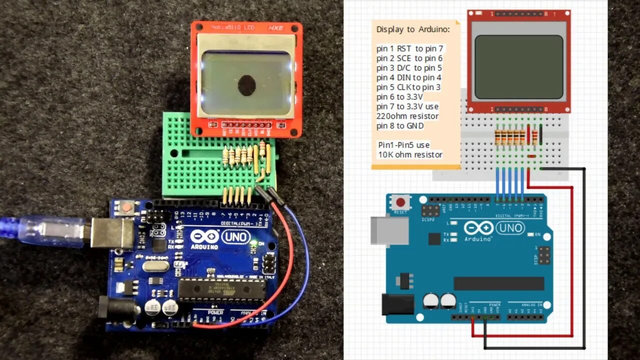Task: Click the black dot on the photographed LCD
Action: click(x=246, y=85)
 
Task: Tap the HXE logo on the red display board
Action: click(x=276, y=27)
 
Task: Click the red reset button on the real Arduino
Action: click(x=127, y=206)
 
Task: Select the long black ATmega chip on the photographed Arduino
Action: click(x=221, y=290)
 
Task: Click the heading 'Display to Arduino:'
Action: click(x=413, y=29)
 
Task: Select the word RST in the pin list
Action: click(x=404, y=48)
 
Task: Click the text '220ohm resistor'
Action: click(x=407, y=116)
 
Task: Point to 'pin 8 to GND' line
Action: click(x=400, y=126)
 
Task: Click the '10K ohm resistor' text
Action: click(x=410, y=154)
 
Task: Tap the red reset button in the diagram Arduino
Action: click(x=400, y=203)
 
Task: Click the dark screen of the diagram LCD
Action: click(x=518, y=66)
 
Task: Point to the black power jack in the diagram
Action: click(x=398, y=304)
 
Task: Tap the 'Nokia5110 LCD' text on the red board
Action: click(x=232, y=27)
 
